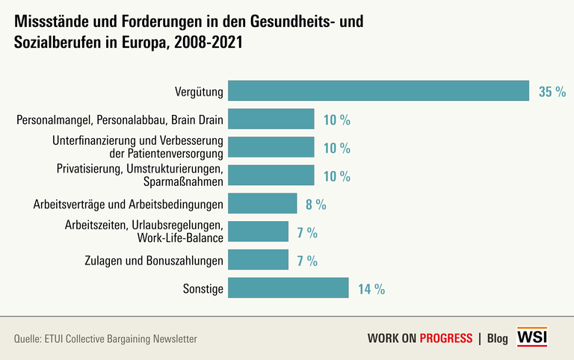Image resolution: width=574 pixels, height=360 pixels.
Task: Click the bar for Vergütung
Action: pos(378,91)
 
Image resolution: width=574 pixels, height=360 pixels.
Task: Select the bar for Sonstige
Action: pos(288,288)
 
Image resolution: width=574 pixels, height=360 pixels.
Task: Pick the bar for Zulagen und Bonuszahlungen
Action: pos(258,260)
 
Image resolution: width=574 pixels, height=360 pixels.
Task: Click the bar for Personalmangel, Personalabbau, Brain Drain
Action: pos(271,120)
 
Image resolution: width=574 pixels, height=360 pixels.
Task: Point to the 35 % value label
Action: pos(552,92)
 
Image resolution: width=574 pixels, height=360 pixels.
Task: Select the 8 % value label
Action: pos(316,204)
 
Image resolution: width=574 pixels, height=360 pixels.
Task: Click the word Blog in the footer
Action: pos(497,338)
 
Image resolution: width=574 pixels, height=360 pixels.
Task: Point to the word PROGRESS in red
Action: pos(445,338)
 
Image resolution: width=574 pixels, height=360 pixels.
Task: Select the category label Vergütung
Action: pos(199,92)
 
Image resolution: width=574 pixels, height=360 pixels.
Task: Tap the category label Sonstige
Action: pos(203,289)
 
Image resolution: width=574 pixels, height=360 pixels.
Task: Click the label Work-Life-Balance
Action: pos(180,239)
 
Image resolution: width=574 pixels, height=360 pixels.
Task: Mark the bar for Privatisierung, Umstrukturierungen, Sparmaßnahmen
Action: pos(271,176)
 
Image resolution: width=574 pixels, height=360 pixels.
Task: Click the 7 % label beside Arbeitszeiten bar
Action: pos(306,232)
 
